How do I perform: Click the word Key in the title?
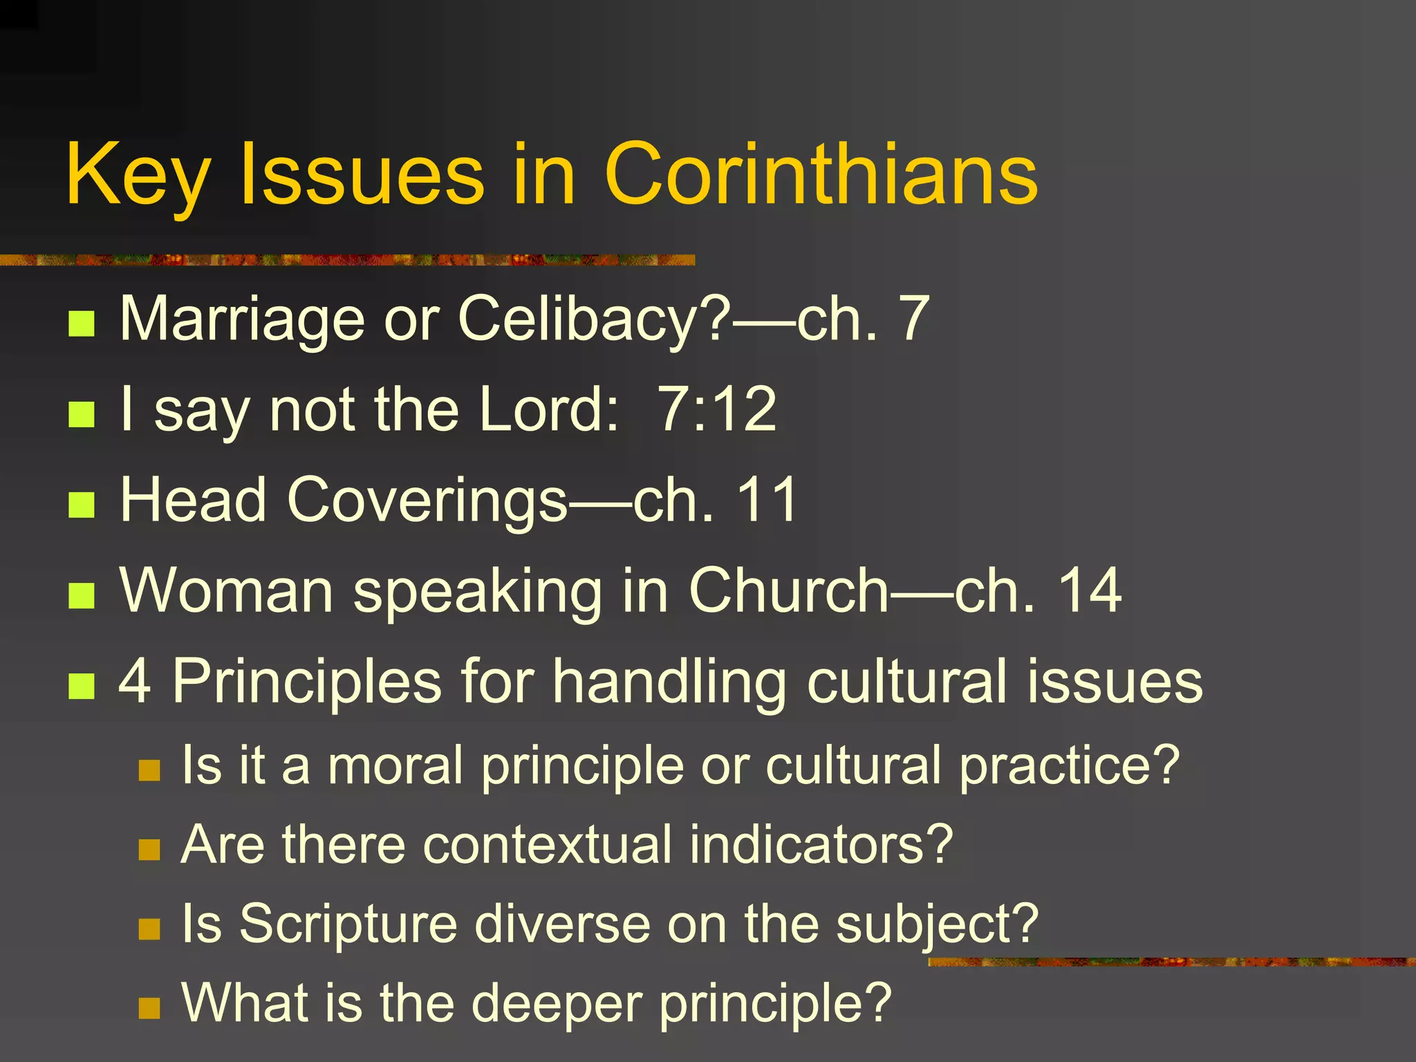click(x=138, y=174)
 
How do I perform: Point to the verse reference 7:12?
click(x=716, y=409)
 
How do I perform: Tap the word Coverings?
click(x=427, y=500)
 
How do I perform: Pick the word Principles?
click(x=307, y=681)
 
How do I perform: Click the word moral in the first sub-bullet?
click(x=395, y=765)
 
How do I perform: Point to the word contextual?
click(x=547, y=845)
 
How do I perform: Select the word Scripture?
click(x=348, y=924)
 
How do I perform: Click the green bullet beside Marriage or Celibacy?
click(x=82, y=323)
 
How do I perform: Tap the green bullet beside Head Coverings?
click(x=82, y=505)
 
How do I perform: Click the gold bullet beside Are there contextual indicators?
click(x=149, y=849)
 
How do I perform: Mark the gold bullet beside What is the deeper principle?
click(x=149, y=1007)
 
